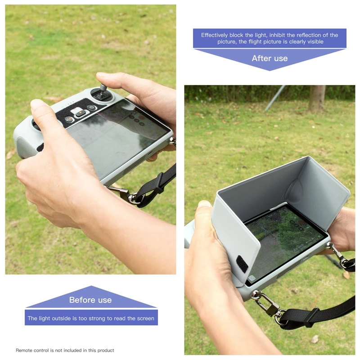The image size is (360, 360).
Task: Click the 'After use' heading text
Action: (270, 58)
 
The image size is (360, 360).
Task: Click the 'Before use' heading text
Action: (90, 300)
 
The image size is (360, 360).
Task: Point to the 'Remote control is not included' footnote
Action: (65, 350)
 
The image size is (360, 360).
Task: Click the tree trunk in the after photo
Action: (317, 98)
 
